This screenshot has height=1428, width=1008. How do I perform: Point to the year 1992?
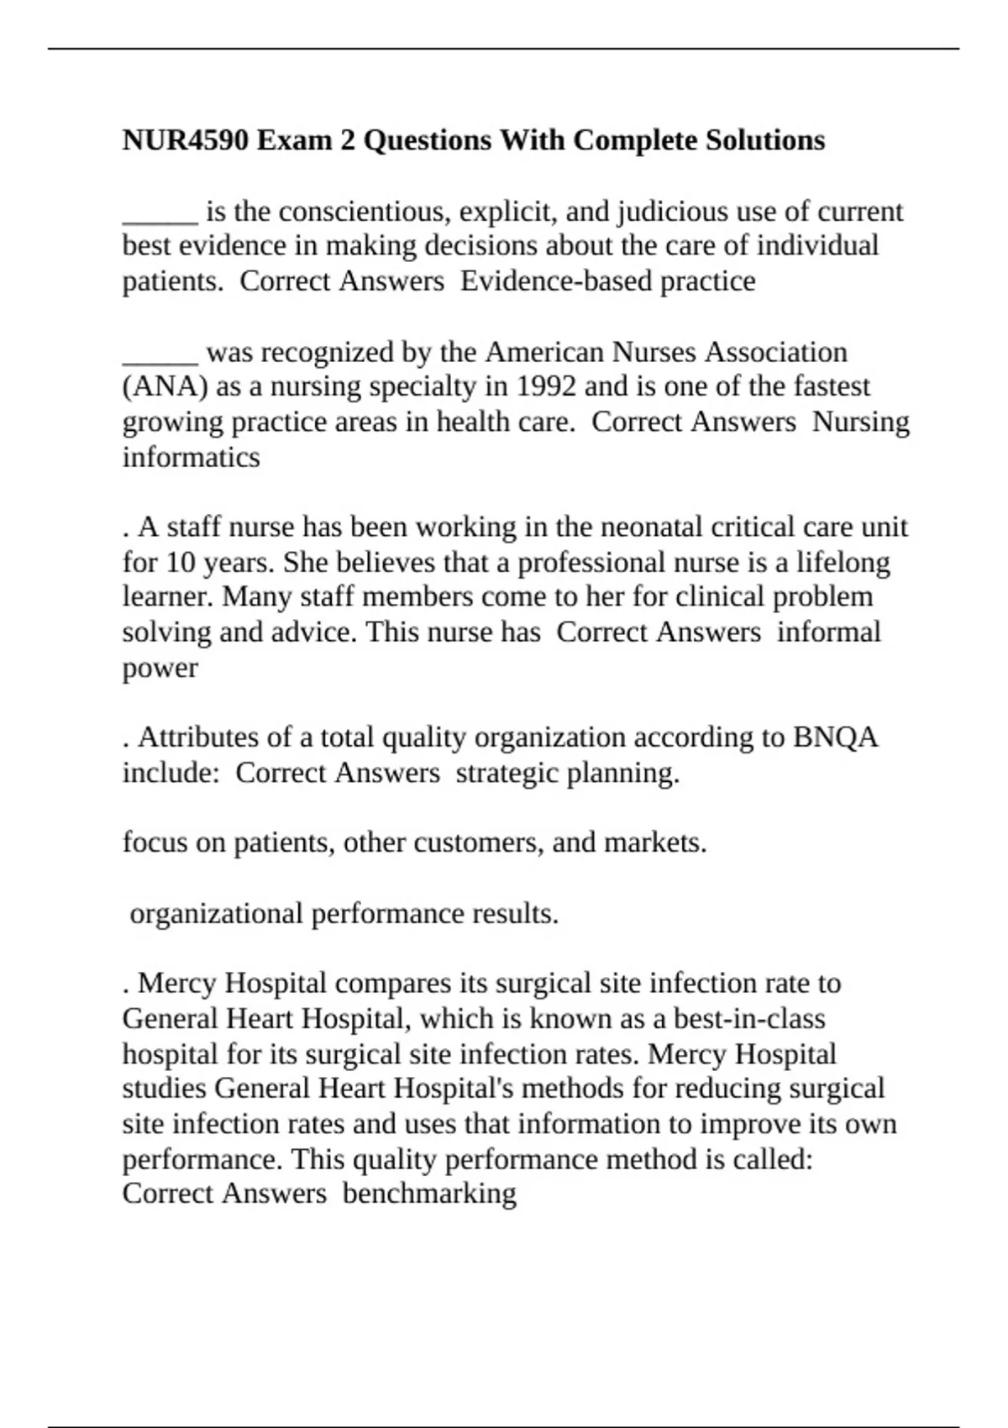(544, 387)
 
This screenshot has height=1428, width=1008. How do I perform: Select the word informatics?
(192, 458)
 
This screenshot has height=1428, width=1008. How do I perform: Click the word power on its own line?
(160, 669)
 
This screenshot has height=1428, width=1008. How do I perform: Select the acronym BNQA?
(835, 738)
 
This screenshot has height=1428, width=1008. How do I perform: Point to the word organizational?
(216, 914)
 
